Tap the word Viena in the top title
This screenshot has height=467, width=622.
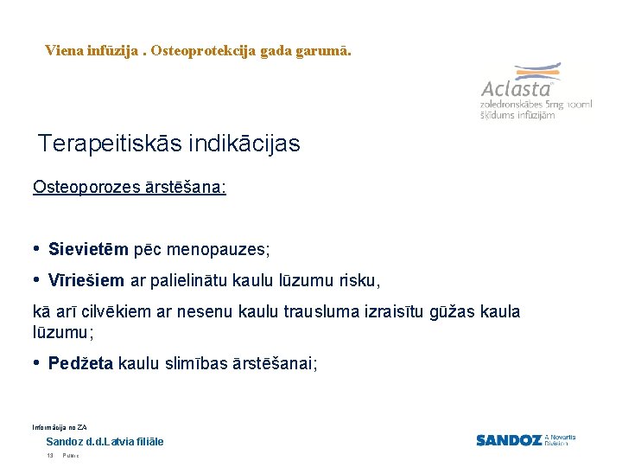tap(64, 51)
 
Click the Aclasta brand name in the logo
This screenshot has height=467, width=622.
tap(516, 89)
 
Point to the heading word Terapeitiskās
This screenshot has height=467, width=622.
tap(107, 144)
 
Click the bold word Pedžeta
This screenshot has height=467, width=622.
tap(80, 364)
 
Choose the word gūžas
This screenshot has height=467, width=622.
tap(437, 312)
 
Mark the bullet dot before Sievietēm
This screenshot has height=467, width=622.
tap(36, 249)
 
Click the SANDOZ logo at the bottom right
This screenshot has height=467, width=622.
tap(509, 440)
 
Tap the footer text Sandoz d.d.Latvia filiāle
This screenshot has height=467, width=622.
tap(105, 442)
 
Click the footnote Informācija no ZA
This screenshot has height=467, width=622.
tap(60, 427)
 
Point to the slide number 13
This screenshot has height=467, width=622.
tap(50, 455)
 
